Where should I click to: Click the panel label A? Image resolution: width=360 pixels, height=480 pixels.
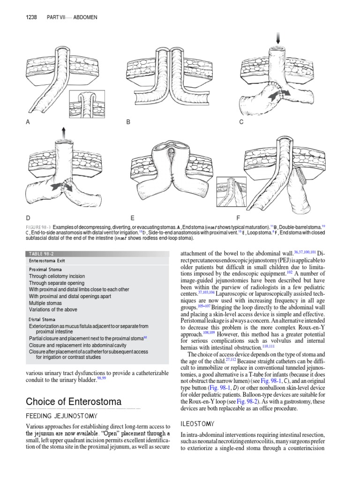(28, 122)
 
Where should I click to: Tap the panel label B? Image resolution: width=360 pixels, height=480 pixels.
(128, 122)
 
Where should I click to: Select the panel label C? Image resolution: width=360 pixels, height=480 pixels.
(241, 122)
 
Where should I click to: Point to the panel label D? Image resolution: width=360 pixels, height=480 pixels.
(28, 218)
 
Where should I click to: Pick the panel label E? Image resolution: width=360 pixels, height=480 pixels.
(133, 218)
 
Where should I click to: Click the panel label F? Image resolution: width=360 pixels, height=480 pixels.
(238, 218)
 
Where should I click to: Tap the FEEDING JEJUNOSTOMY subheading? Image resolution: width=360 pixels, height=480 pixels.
(61, 416)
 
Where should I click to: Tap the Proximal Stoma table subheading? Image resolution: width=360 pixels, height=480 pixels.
(46, 270)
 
